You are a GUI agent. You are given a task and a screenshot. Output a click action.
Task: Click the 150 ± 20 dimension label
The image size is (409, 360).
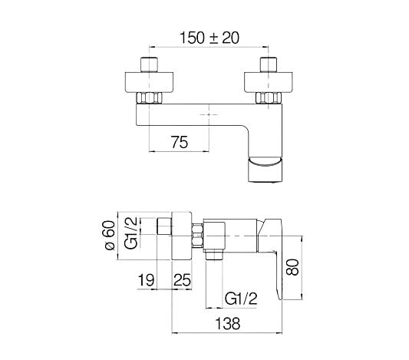click(x=209, y=38)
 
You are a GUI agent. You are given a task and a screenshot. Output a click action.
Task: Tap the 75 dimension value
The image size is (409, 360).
click(x=180, y=142)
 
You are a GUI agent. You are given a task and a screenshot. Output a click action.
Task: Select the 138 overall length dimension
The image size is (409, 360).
click(x=227, y=324)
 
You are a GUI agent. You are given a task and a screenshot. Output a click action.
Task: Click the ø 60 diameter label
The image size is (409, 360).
click(x=110, y=236)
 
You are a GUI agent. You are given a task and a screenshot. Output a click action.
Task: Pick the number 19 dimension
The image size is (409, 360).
click(x=146, y=280)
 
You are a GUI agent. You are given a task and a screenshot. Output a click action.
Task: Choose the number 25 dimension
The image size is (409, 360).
click(x=183, y=280)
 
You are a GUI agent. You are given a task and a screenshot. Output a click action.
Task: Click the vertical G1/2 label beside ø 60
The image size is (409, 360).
click(x=131, y=233)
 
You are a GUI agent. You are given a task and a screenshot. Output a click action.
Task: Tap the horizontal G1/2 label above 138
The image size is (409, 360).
click(x=241, y=299)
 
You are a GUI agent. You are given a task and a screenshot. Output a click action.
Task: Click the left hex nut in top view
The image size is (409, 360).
click(x=149, y=97)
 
